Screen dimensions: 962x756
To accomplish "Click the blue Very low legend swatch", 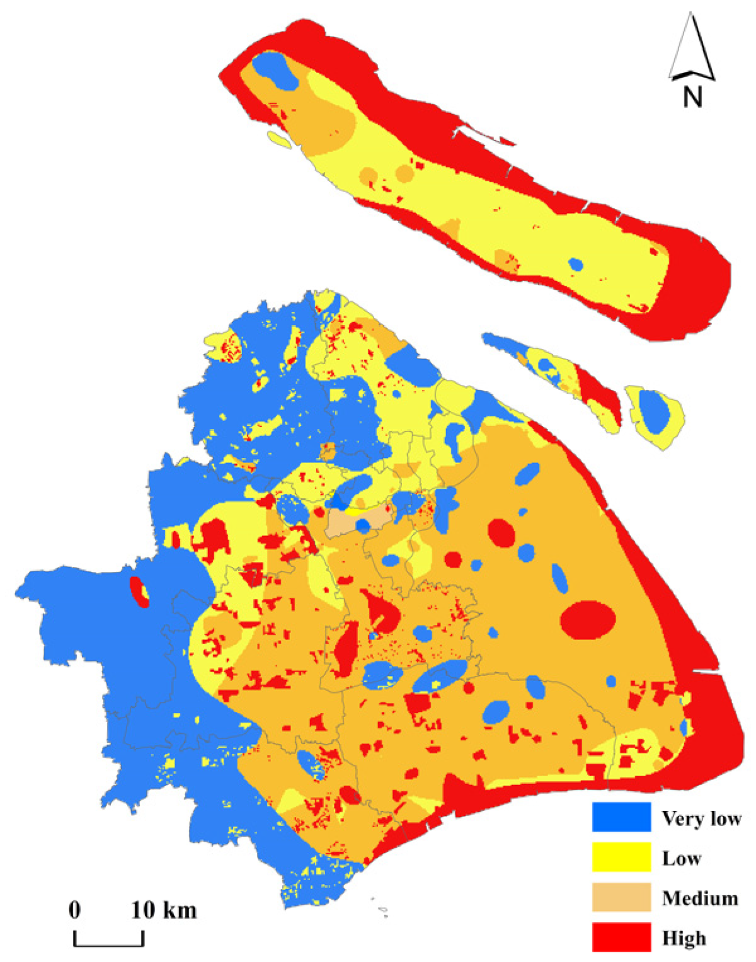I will [x=621, y=817].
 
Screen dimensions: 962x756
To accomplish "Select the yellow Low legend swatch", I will [x=621, y=857].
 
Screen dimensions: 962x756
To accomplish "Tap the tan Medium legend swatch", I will [x=621, y=897].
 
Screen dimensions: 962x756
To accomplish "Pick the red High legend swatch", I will [x=621, y=937].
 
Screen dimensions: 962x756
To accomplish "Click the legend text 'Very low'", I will [x=701, y=818].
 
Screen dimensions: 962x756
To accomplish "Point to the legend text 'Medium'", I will [x=699, y=898].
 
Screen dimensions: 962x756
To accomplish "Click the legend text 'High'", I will [x=684, y=938].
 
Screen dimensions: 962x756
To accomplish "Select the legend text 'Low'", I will [x=681, y=858].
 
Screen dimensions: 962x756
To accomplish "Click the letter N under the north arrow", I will [x=692, y=97].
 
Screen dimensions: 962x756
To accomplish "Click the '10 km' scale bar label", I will [x=164, y=910].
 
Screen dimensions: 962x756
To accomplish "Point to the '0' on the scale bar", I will [x=75, y=910].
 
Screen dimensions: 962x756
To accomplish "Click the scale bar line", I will [x=109, y=944].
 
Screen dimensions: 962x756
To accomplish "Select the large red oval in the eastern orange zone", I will [x=588, y=619].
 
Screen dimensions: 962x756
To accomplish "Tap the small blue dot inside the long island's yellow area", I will [x=575, y=263].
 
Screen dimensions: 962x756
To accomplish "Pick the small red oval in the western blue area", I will [x=139, y=592].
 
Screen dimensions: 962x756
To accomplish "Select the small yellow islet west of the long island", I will [x=279, y=140].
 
